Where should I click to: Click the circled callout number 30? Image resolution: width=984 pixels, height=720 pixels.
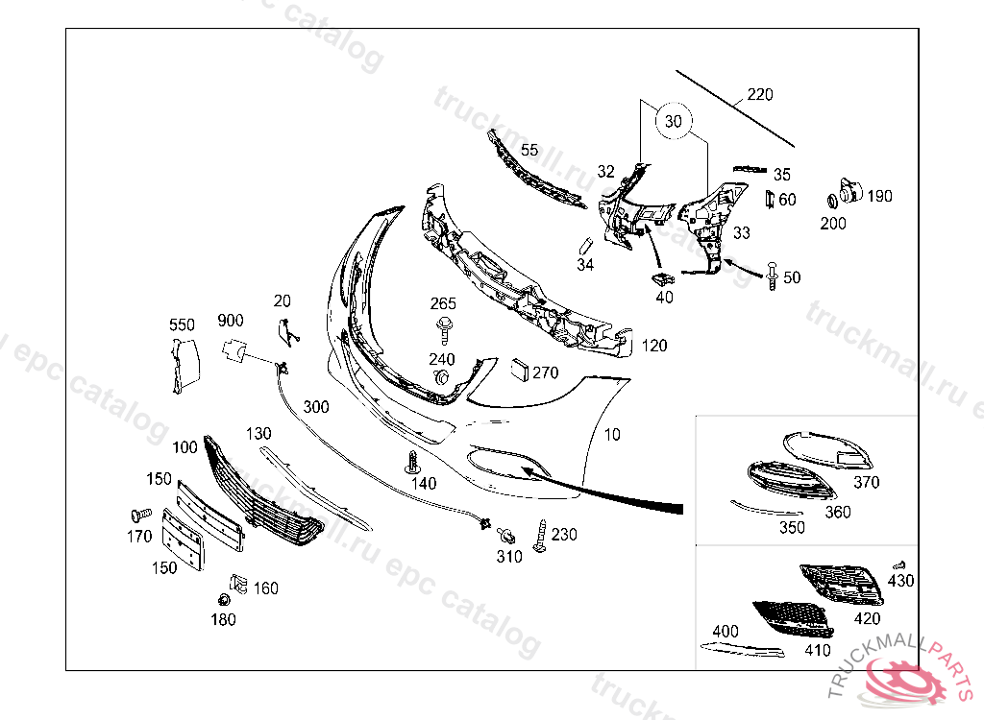(x=673, y=122)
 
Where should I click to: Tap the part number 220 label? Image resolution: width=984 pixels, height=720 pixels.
(x=759, y=95)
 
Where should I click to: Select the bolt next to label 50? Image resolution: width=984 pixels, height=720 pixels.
(x=772, y=276)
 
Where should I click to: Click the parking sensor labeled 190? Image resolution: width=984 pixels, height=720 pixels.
(x=848, y=192)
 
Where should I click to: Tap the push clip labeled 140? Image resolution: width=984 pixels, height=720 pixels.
(x=413, y=462)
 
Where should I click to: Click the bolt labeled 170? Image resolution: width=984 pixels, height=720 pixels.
(x=140, y=516)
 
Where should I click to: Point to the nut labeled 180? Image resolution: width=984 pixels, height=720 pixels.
(x=223, y=601)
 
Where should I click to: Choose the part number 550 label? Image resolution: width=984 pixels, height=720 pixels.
(x=182, y=324)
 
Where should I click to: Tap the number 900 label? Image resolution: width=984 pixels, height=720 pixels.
(x=230, y=321)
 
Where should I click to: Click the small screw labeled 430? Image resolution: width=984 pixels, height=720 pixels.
(x=899, y=565)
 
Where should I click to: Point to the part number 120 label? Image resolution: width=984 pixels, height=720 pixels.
(x=654, y=346)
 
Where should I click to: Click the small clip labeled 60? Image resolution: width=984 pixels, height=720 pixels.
(x=769, y=199)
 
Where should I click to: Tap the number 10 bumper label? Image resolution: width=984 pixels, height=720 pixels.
(x=612, y=435)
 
